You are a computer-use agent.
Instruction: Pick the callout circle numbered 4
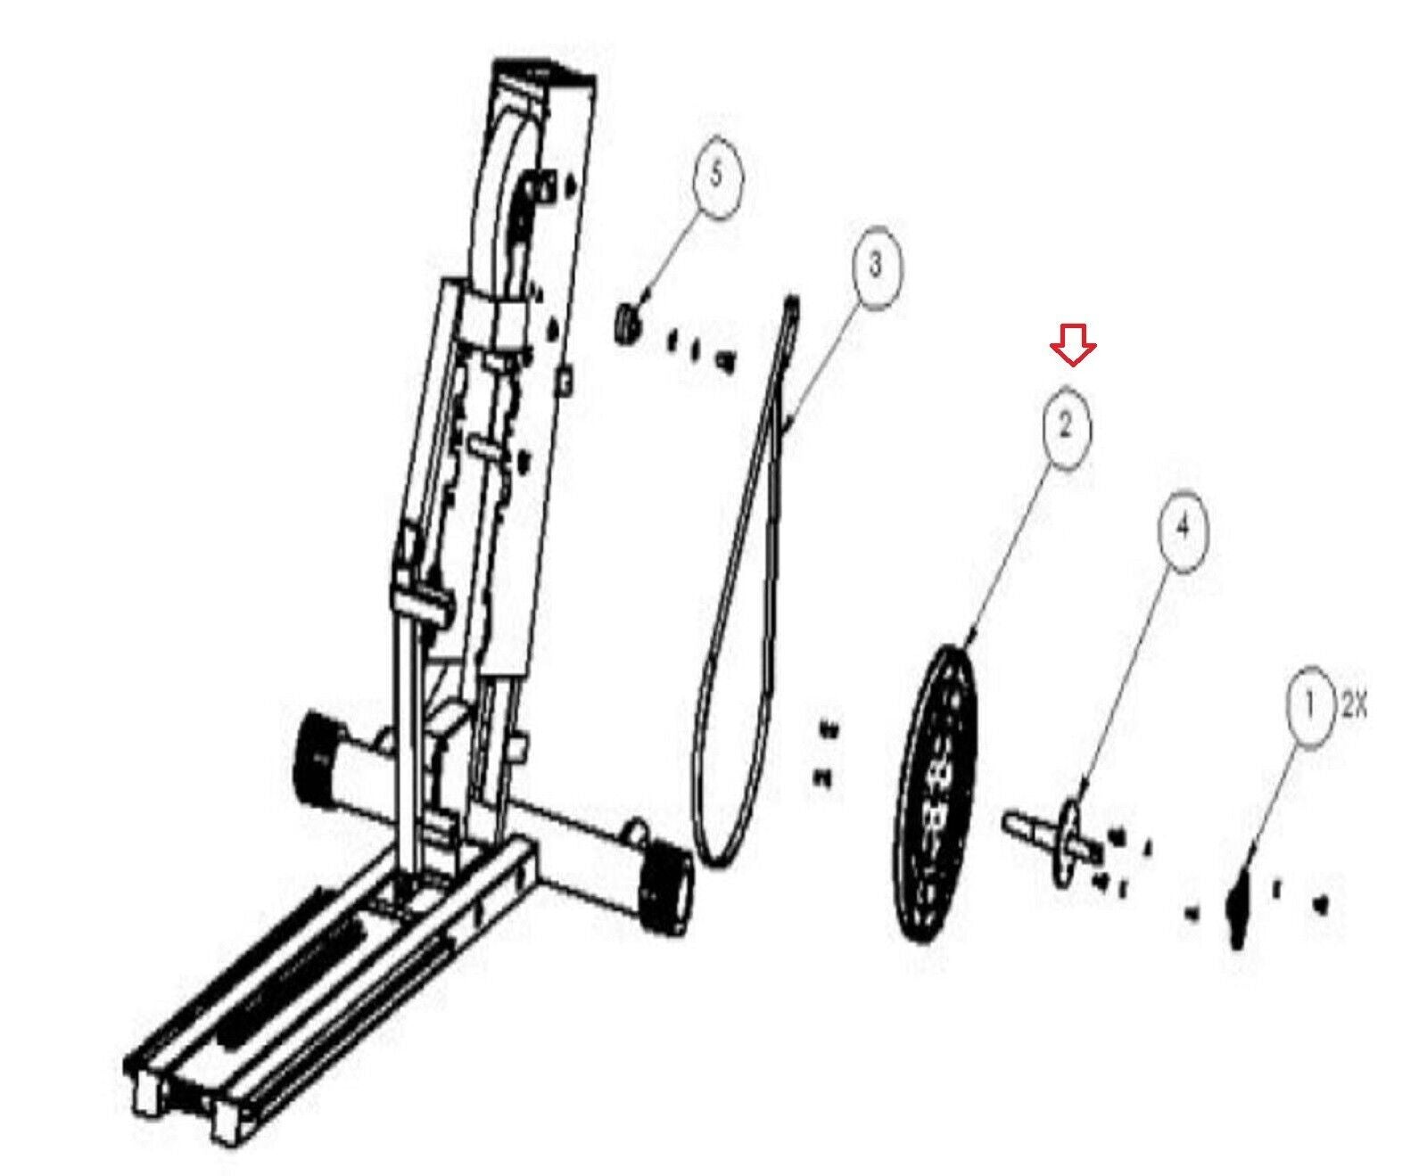[1182, 529]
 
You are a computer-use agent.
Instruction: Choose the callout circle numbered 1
[1309, 707]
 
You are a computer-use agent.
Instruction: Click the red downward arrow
[1073, 343]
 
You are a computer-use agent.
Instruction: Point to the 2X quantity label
[1353, 707]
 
